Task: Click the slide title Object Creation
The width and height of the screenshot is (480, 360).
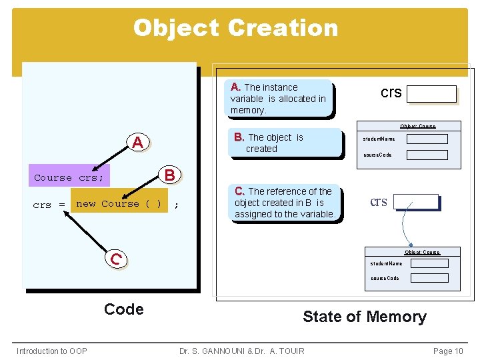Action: pyautogui.click(x=235, y=28)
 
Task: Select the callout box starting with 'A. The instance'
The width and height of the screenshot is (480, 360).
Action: pyautogui.click(x=280, y=99)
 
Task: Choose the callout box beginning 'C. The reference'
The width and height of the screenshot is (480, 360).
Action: pyautogui.click(x=285, y=203)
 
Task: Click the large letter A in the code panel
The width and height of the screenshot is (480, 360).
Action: pyautogui.click(x=137, y=142)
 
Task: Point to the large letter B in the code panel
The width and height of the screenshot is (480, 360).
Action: pyautogui.click(x=169, y=175)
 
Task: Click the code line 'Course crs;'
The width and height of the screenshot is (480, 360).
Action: pyautogui.click(x=69, y=178)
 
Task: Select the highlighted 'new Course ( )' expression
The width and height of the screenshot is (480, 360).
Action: pyautogui.click(x=119, y=204)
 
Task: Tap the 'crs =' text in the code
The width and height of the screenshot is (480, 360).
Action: pyautogui.click(x=49, y=205)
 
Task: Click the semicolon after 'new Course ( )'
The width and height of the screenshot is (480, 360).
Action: pyautogui.click(x=176, y=205)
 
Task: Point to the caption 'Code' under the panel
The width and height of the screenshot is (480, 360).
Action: pyautogui.click(x=124, y=309)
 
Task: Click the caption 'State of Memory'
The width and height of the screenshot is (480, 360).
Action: pyautogui.click(x=364, y=317)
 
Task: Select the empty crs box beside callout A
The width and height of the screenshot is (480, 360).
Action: pyautogui.click(x=431, y=94)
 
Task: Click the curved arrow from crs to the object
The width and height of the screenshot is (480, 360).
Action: pyautogui.click(x=405, y=230)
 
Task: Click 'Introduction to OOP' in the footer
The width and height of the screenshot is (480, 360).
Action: pyautogui.click(x=51, y=351)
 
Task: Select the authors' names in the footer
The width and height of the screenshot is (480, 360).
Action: pyautogui.click(x=242, y=351)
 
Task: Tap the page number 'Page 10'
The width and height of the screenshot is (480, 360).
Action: pyautogui.click(x=447, y=351)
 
